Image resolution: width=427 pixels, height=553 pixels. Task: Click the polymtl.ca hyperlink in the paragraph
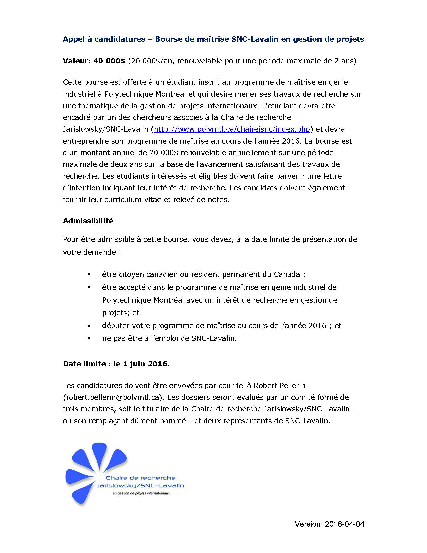[x=232, y=129]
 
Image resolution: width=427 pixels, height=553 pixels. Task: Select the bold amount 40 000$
[x=109, y=61]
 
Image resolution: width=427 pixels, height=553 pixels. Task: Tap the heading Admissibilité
[x=88, y=221]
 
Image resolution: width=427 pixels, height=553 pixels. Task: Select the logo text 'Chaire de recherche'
[x=140, y=478]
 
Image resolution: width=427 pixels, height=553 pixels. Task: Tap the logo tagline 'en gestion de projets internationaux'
[x=141, y=493]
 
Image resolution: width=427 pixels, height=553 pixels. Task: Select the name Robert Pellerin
[x=280, y=385]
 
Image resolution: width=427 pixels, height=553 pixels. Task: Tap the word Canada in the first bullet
[x=287, y=274]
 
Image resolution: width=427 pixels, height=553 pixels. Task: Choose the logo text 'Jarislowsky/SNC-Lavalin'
[x=141, y=485]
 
